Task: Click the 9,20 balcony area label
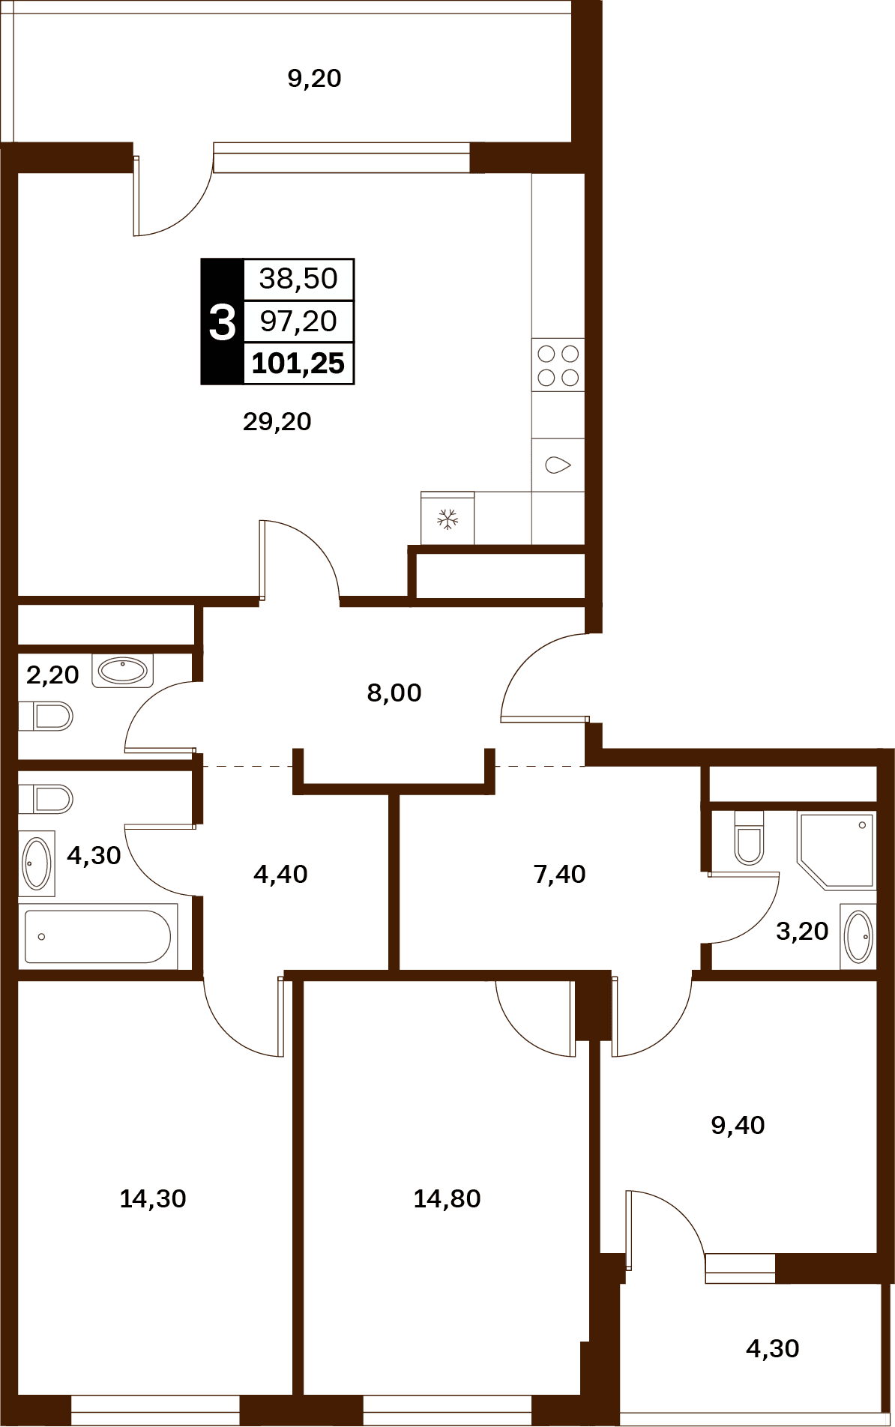pyautogui.click(x=314, y=79)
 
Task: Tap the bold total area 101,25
pyautogui.click(x=298, y=363)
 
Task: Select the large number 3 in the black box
pyautogui.click(x=222, y=322)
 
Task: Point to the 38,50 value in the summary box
pyautogui.click(x=298, y=279)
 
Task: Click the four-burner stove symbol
pyautogui.click(x=558, y=365)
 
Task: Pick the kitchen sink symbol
pyautogui.click(x=558, y=465)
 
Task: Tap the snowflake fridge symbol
pyautogui.click(x=447, y=519)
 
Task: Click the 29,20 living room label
pyautogui.click(x=277, y=422)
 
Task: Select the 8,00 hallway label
pyautogui.click(x=394, y=693)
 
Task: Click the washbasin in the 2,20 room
pyautogui.click(x=123, y=671)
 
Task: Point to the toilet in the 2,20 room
pyautogui.click(x=46, y=716)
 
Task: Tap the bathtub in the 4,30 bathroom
pyautogui.click(x=98, y=937)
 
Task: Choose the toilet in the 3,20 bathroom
pyautogui.click(x=749, y=838)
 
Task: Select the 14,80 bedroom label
pyautogui.click(x=447, y=1199)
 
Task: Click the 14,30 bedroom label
pyautogui.click(x=153, y=1199)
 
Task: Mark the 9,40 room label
pyautogui.click(x=738, y=1126)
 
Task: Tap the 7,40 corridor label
pyautogui.click(x=559, y=875)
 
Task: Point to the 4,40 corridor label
pyautogui.click(x=280, y=875)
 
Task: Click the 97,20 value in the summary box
pyautogui.click(x=298, y=322)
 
